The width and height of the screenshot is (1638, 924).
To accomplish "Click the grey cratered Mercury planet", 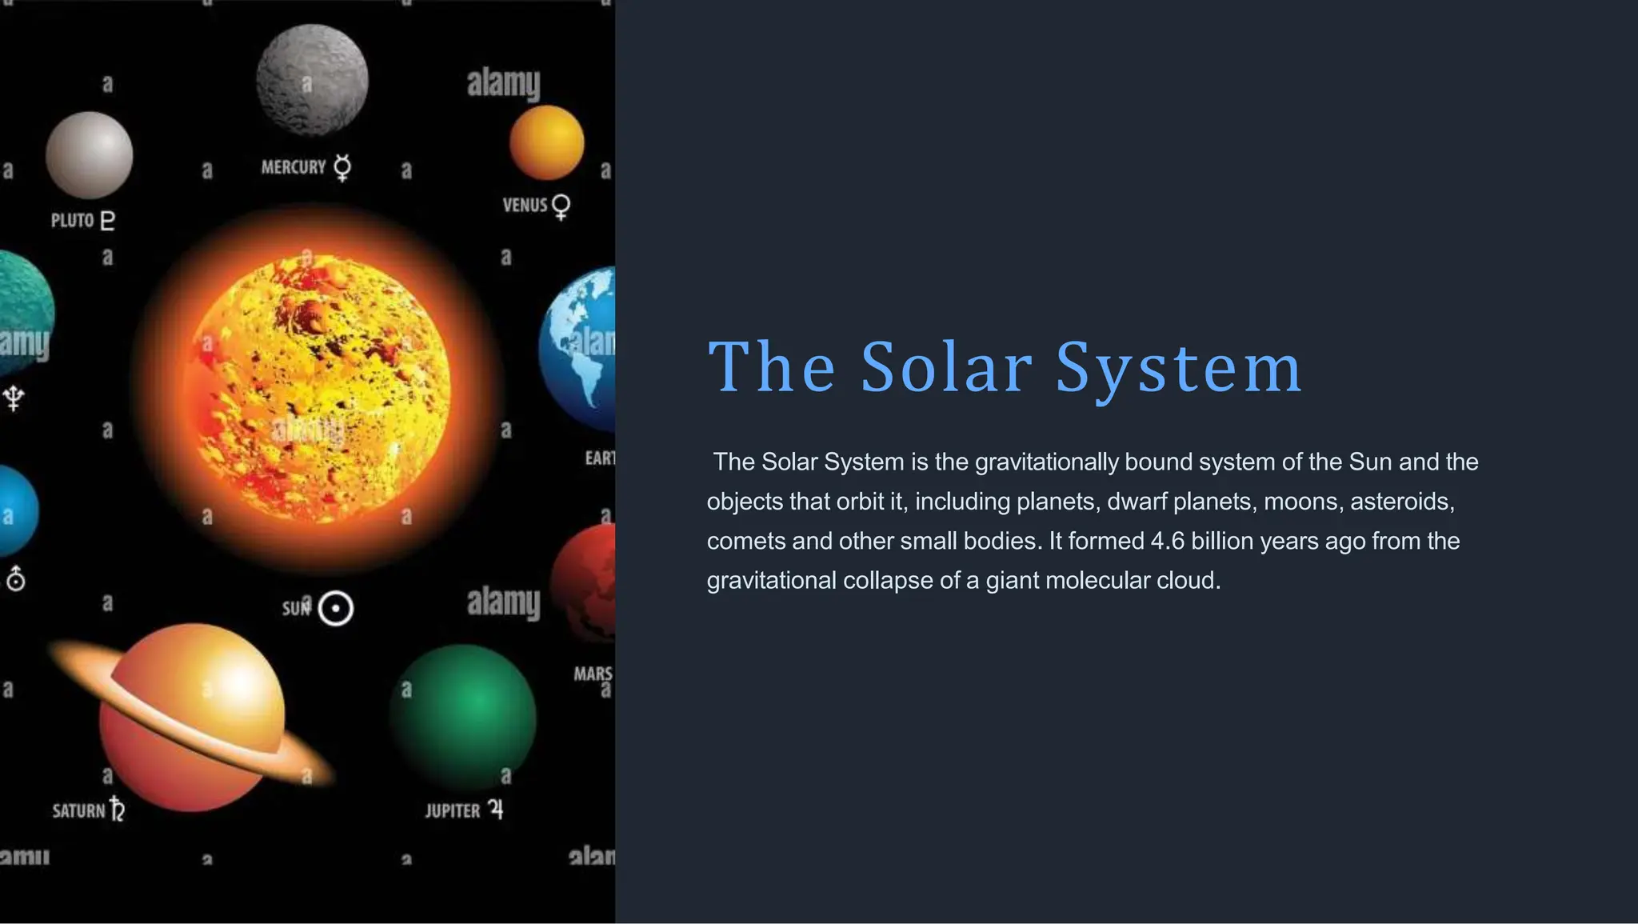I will [312, 80].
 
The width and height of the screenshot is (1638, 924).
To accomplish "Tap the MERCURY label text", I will [294, 167].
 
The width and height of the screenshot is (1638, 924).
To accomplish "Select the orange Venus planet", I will [547, 142].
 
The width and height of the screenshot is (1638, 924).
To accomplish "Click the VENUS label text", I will [525, 205].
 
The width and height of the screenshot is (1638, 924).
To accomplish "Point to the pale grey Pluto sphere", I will [89, 154].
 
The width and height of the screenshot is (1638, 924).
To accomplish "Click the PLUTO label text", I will [73, 220].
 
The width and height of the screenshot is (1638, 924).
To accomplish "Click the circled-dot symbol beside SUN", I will [336, 609].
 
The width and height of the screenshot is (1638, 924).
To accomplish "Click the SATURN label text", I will [78, 810].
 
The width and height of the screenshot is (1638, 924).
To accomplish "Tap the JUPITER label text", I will [453, 810].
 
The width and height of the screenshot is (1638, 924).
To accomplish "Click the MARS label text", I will [593, 674].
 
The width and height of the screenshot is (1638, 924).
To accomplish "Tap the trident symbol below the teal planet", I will [14, 397].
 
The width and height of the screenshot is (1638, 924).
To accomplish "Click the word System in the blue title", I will [1179, 367].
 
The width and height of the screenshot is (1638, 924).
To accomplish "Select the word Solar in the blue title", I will [946, 367].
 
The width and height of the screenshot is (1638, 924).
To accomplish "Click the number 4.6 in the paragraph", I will [1167, 541].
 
